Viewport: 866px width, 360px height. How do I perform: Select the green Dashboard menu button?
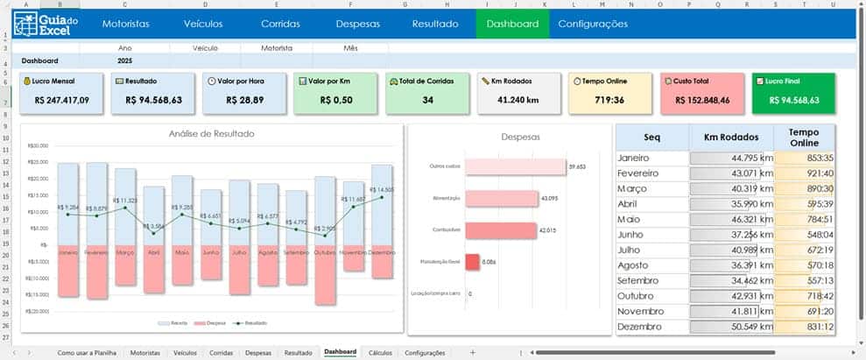click(512, 24)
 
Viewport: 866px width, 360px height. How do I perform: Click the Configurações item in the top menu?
click(592, 24)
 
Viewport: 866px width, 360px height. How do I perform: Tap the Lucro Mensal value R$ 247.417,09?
click(62, 100)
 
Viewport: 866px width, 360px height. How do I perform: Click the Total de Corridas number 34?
click(427, 100)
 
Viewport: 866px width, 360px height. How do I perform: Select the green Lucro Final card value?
click(793, 100)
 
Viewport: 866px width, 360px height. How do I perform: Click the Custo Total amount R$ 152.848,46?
click(699, 100)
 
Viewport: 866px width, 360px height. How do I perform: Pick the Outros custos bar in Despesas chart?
click(515, 166)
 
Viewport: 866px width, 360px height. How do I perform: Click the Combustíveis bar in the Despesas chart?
click(500, 230)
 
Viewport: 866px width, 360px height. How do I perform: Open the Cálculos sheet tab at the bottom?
click(380, 352)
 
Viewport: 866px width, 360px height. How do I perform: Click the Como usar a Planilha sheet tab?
click(87, 352)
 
